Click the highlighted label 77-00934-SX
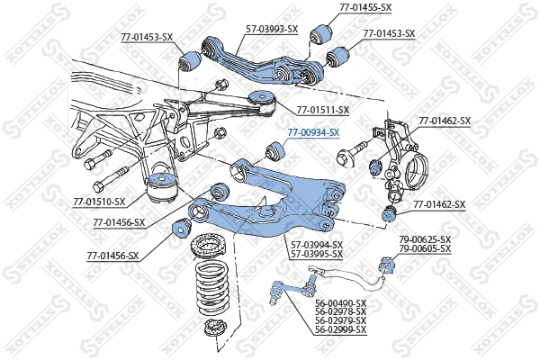coord(313,132)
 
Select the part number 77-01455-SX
coord(365,7)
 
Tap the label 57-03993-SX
coord(272,29)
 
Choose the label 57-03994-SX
coord(316,244)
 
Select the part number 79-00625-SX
coord(425,239)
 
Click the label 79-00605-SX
coord(425,248)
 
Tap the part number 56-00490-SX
coord(341,303)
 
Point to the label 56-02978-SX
coord(341,312)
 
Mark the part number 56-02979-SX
coord(341,321)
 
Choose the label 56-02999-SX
coord(341,330)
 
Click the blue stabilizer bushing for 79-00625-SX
coord(388,264)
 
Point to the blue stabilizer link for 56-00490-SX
coord(287,289)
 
